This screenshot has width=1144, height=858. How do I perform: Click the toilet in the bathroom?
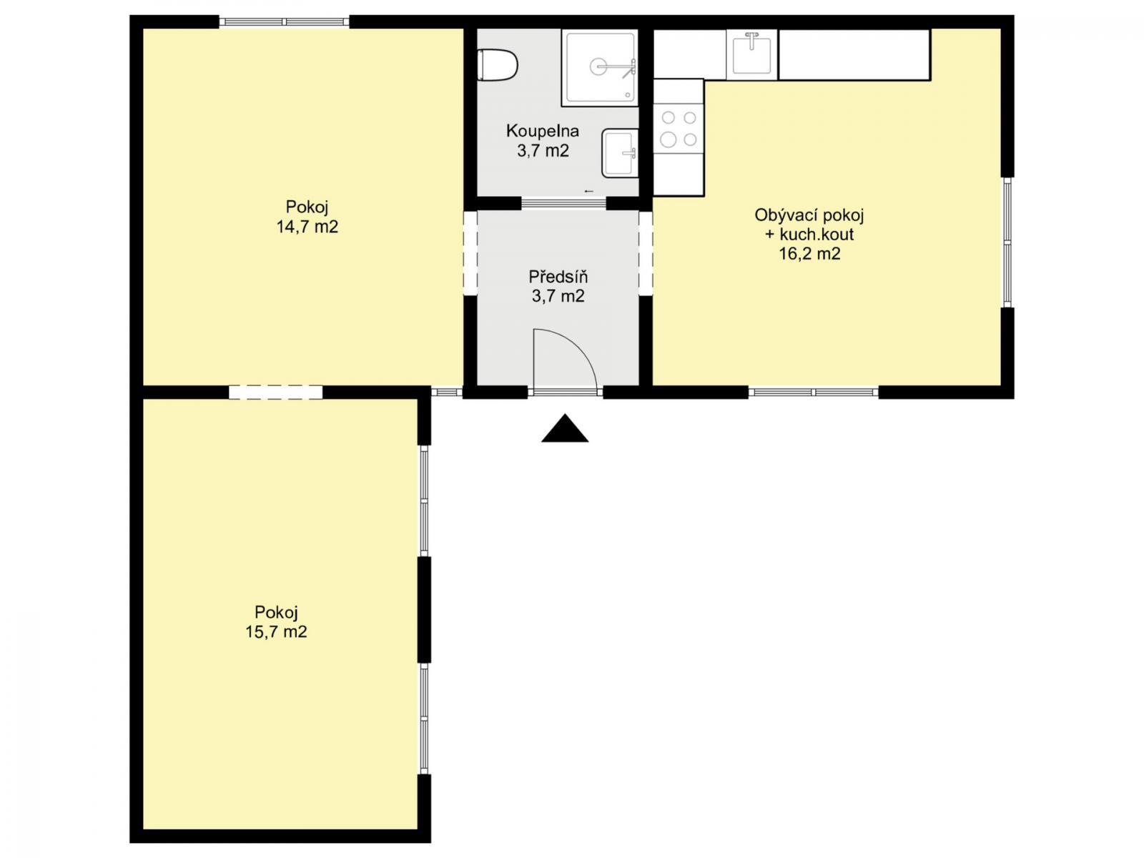click(x=497, y=65)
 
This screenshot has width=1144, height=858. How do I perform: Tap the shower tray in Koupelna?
click(x=600, y=67)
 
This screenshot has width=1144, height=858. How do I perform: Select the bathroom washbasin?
click(x=620, y=153)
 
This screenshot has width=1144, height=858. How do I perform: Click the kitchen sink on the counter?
click(x=751, y=53)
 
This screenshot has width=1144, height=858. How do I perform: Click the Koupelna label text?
click(x=543, y=131)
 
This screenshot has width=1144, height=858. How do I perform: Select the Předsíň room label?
click(x=558, y=276)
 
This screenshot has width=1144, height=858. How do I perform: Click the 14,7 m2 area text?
click(x=307, y=227)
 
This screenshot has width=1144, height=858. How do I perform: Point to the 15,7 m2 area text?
click(x=276, y=632)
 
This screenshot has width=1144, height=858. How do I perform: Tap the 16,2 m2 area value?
click(x=809, y=254)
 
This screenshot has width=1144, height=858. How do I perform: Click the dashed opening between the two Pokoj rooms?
click(x=276, y=393)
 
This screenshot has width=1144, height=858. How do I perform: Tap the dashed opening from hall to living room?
click(x=646, y=253)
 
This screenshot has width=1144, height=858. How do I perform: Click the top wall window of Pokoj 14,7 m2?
click(x=284, y=22)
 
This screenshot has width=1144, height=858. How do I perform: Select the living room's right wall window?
click(x=1008, y=242)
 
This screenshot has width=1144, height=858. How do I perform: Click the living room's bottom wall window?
click(x=814, y=393)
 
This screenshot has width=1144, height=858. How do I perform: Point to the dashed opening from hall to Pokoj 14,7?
click(x=470, y=253)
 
